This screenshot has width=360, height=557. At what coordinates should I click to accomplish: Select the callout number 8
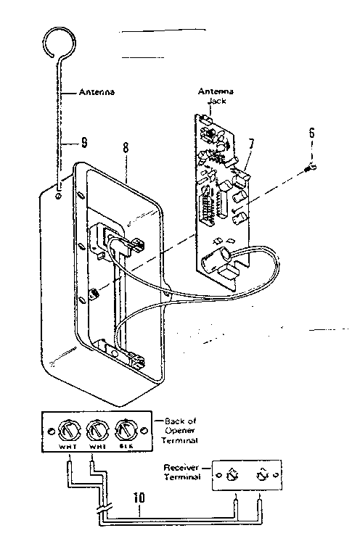coord(126,147)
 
